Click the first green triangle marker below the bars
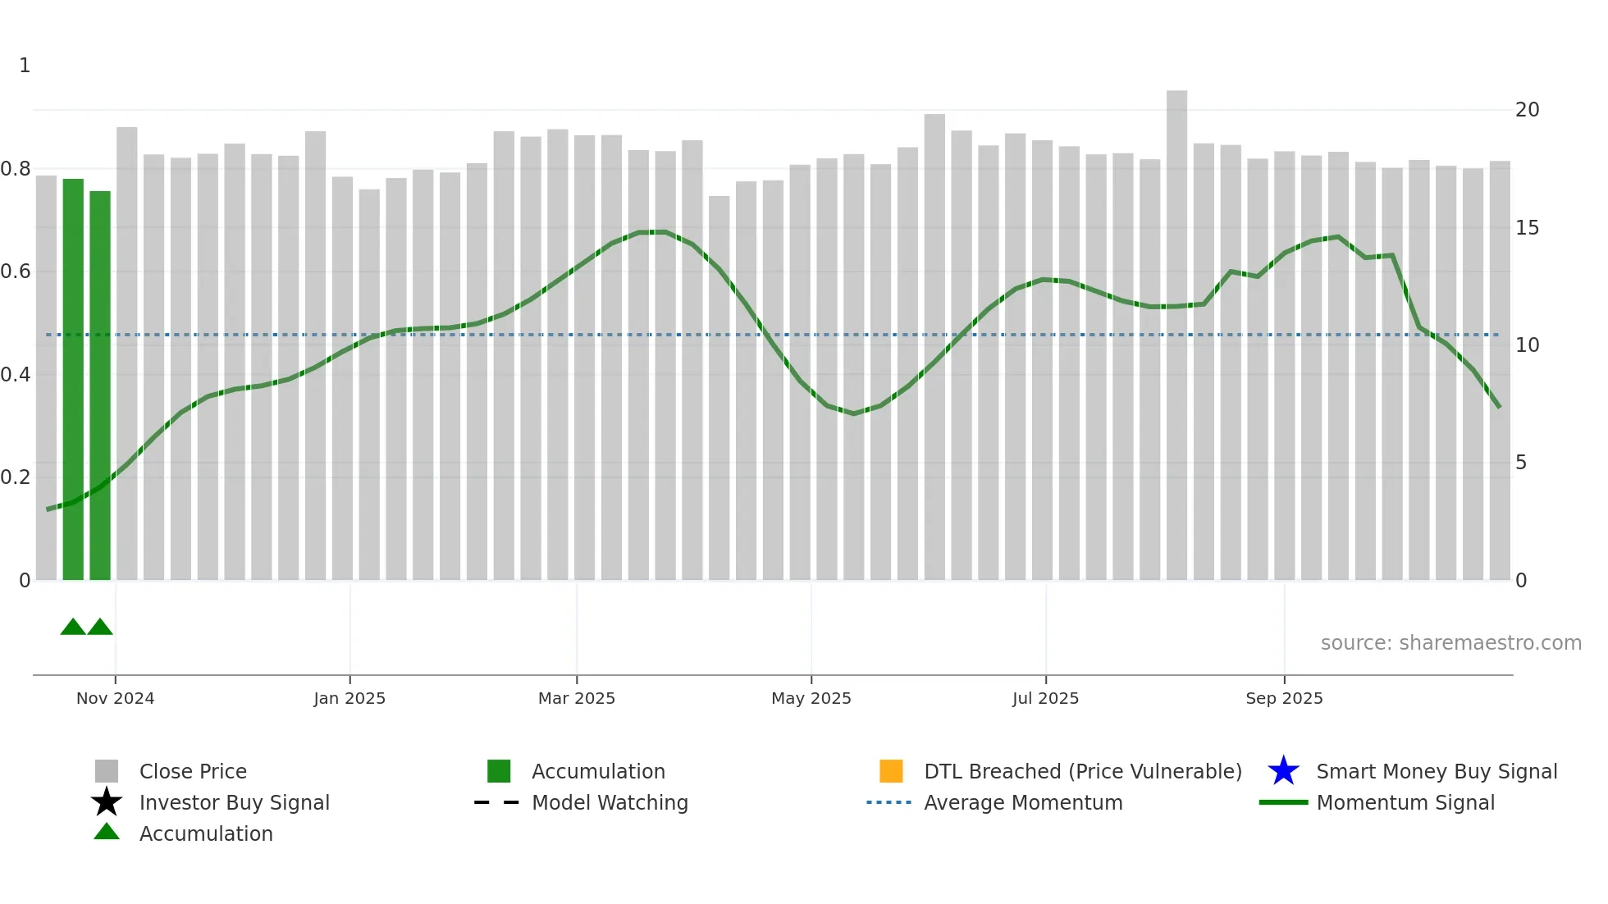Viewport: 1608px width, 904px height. [73, 628]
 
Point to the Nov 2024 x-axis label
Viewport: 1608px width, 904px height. [115, 698]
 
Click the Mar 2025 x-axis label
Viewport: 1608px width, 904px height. [576, 698]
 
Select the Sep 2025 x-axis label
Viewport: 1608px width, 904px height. [1283, 698]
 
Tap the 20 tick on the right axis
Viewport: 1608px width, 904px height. [1527, 110]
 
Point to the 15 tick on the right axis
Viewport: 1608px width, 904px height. [1527, 228]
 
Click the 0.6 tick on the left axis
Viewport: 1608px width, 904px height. [16, 272]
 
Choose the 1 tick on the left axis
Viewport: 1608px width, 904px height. [25, 66]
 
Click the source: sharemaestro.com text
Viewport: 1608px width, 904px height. [1450, 643]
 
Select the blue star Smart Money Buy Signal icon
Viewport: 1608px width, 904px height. [1283, 771]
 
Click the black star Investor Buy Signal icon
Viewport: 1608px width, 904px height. [107, 802]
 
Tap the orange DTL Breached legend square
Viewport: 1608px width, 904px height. [891, 771]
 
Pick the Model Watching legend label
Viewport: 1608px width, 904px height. [610, 802]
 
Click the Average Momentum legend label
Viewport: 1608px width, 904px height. [1023, 802]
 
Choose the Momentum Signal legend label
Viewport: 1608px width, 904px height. [1405, 802]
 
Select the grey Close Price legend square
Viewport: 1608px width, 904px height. [107, 771]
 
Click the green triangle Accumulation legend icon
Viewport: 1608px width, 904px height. [107, 833]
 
